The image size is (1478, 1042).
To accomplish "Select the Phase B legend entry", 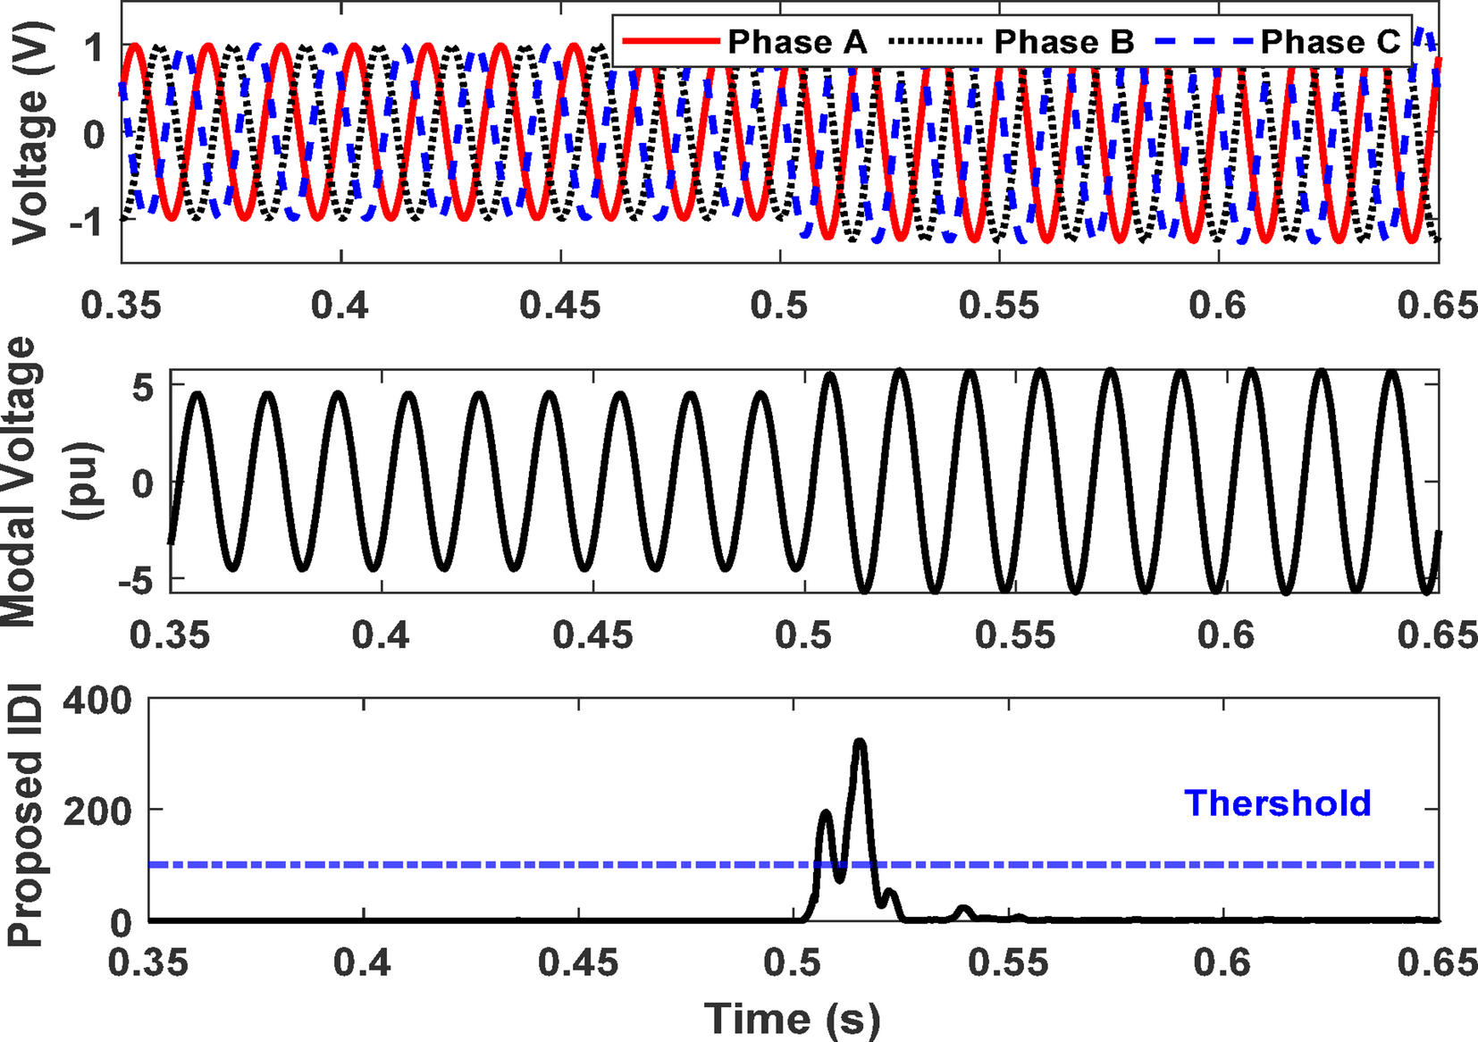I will [1063, 41].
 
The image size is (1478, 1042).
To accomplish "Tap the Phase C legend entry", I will [1330, 41].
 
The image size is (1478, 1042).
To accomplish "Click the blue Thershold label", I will [1277, 803].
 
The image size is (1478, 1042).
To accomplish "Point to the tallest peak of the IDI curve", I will [860, 742].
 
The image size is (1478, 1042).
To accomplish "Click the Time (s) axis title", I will [792, 1019].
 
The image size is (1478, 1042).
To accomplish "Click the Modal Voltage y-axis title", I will [36, 483].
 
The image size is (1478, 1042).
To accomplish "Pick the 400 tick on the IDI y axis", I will [97, 702].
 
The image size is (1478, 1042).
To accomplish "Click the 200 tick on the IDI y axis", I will [97, 811].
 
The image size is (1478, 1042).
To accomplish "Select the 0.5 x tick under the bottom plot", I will [793, 963].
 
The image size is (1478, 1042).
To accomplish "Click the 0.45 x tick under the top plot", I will [560, 306].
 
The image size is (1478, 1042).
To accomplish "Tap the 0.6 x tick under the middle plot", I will [1226, 635].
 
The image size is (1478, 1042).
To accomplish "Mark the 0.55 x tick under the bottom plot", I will [1009, 963].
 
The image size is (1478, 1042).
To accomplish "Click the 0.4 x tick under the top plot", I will [340, 306].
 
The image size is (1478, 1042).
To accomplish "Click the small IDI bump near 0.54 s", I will [963, 911].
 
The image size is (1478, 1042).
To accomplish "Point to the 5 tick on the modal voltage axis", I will [143, 386].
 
